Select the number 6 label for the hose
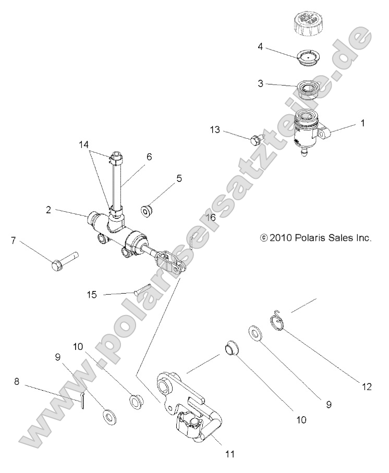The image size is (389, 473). (149, 156)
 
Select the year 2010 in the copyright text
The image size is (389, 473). (279, 238)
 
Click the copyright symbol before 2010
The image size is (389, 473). (263, 238)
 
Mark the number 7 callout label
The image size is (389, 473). (14, 240)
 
